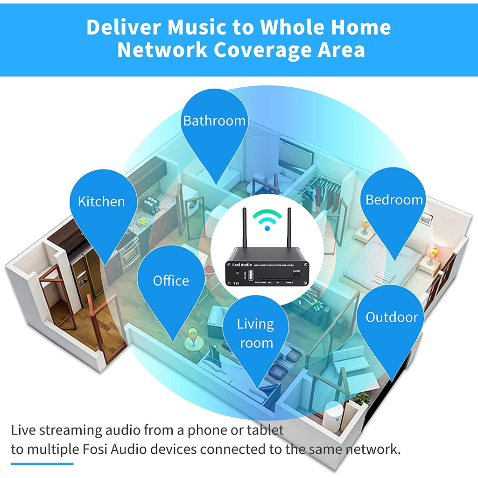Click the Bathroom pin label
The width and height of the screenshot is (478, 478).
click(x=214, y=121)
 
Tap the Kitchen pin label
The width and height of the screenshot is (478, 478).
click(x=101, y=202)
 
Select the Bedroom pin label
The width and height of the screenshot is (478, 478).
click(x=394, y=200)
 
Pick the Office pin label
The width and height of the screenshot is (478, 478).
click(x=171, y=281)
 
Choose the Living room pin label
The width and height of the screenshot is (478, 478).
click(x=255, y=333)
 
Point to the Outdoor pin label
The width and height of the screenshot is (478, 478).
click(x=392, y=317)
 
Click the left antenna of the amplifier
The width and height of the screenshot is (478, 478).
click(x=244, y=228)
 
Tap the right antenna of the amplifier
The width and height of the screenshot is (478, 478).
click(x=289, y=228)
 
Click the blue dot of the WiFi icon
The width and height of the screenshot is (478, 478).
click(x=267, y=228)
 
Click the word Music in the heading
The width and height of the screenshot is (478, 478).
click(x=195, y=28)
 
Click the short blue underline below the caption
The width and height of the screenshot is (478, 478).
click(x=42, y=464)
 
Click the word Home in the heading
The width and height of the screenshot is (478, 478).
click(x=359, y=28)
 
